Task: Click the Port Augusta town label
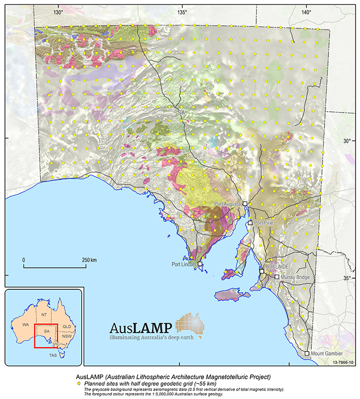point(228,204)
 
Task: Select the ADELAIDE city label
point(277,267)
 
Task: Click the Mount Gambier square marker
point(307,354)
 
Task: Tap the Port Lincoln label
point(184,264)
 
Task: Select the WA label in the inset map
point(20,324)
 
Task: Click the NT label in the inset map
point(44,315)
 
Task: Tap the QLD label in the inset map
point(67,326)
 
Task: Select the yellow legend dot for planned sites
point(79,384)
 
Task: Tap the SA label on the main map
point(180,114)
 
